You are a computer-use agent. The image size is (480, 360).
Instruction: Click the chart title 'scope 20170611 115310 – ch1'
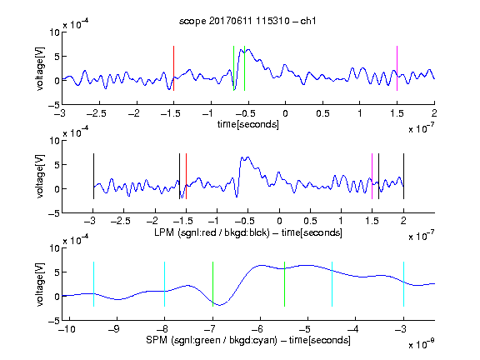point(247,21)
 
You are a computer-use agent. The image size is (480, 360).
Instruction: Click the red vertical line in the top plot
point(173,68)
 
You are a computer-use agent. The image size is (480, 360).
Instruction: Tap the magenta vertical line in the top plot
point(397,68)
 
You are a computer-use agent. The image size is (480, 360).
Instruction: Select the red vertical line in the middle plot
point(186,177)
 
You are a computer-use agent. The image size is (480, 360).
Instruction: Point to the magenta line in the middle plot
point(372,177)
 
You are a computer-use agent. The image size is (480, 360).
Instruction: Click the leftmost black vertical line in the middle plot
point(93,177)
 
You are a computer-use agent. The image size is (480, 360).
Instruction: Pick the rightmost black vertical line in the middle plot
point(403,177)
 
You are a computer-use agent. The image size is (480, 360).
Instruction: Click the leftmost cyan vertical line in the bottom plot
point(93,284)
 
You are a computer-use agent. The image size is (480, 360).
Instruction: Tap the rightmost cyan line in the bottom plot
point(403,284)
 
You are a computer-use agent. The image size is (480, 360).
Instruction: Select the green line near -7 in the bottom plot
point(212,284)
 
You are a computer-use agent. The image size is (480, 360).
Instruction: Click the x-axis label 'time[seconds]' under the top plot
point(248,124)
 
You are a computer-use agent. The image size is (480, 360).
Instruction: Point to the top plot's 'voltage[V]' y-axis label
point(40,68)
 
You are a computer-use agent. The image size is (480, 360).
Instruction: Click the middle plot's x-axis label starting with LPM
point(248,232)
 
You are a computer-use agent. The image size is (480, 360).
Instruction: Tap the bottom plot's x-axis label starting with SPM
point(248,340)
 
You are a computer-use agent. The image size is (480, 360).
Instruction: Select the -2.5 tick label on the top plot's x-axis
point(96,113)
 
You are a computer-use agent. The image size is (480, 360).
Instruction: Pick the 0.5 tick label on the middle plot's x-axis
point(310,221)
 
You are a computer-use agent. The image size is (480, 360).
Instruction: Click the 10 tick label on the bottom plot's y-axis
point(54,248)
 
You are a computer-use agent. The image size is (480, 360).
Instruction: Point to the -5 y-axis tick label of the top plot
point(54,105)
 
